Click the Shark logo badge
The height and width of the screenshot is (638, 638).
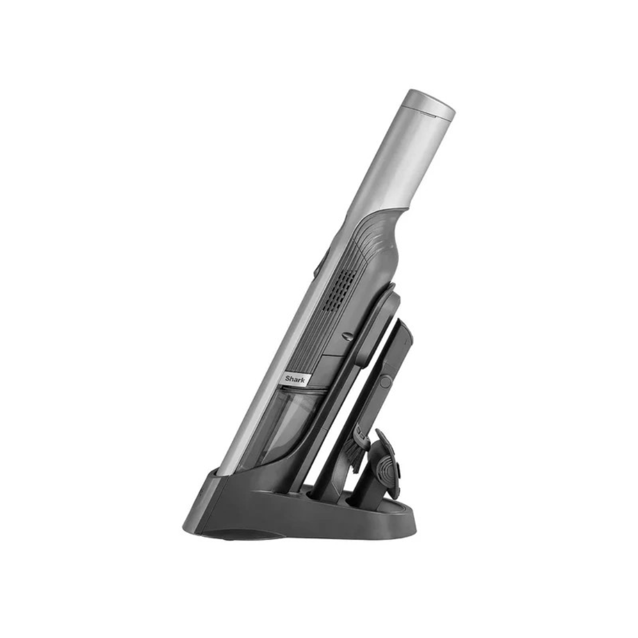(x=295, y=379)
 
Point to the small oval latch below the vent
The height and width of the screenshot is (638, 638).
(x=347, y=336)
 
